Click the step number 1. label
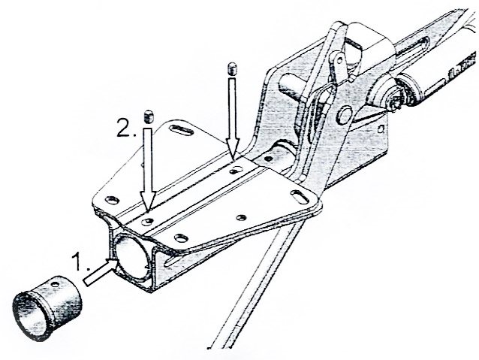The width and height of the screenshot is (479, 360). coord(80,262)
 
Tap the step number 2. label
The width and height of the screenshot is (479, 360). coord(127,129)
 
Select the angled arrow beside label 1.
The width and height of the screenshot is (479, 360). coord(101,272)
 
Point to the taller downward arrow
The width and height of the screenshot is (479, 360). coord(233,119)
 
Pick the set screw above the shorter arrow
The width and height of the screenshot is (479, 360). coord(148,116)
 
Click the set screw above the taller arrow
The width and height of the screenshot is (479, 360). coord(233,68)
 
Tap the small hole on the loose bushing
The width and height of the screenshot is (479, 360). coord(56,284)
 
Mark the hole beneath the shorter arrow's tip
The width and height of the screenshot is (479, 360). coord(148,221)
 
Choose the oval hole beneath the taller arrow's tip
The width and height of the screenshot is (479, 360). coord(236,170)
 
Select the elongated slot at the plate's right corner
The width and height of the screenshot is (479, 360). coord(300,197)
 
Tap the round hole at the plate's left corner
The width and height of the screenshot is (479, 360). coord(112,201)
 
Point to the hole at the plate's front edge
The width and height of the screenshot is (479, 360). coord(181,238)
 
